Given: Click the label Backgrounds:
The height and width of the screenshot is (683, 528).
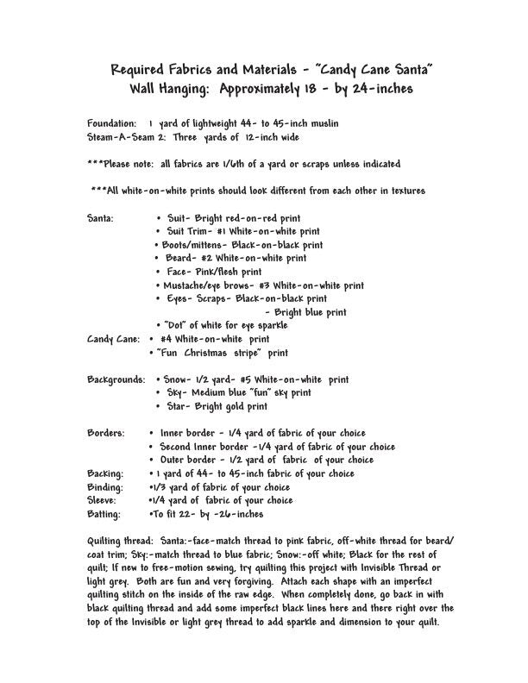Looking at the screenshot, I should tap(116, 379).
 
